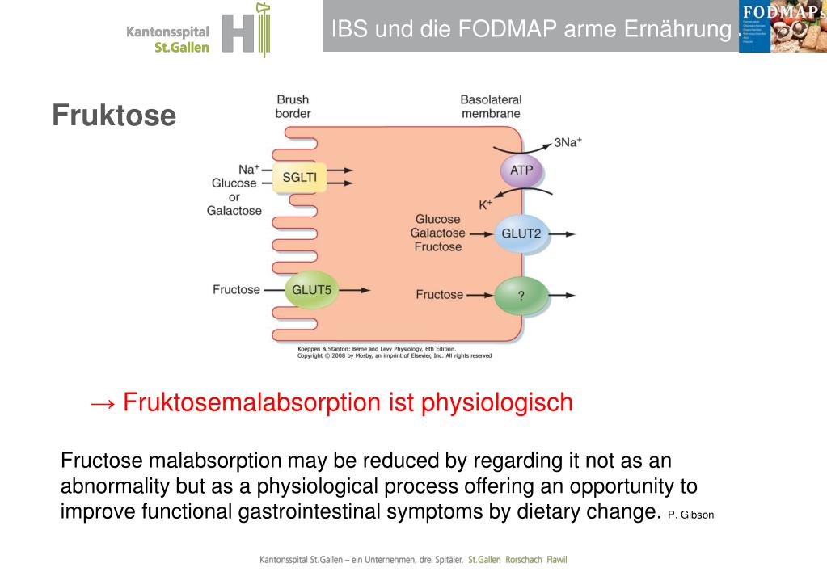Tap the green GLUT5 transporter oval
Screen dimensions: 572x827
(x=311, y=289)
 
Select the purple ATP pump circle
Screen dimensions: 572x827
(x=521, y=171)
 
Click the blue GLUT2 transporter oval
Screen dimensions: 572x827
(x=521, y=234)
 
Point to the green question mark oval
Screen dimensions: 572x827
(x=521, y=296)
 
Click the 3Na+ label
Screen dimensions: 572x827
(x=568, y=143)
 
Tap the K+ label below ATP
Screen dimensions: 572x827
(x=485, y=204)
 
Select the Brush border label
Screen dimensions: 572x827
(x=293, y=107)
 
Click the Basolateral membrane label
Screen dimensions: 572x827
(x=491, y=107)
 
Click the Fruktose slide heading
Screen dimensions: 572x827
(x=114, y=116)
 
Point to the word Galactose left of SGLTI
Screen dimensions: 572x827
(x=234, y=211)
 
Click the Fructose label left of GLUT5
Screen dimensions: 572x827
(x=236, y=289)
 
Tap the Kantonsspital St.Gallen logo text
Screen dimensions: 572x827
(x=167, y=39)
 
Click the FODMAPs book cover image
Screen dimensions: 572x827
(x=783, y=26)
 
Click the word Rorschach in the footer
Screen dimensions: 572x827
(x=521, y=559)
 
